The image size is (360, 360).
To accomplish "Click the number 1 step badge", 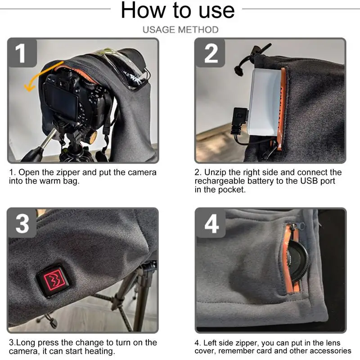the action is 22,53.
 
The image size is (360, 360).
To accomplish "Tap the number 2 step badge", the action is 210,53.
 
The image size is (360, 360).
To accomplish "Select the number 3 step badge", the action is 22,223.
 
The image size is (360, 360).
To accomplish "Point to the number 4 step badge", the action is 210,223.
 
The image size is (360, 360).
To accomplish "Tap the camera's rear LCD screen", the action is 60,100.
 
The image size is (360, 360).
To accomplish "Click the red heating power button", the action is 54,280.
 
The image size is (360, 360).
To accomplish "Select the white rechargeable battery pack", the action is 266,102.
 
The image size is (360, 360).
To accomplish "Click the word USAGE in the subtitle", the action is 159,30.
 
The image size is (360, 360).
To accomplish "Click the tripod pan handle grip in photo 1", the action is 32,154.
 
